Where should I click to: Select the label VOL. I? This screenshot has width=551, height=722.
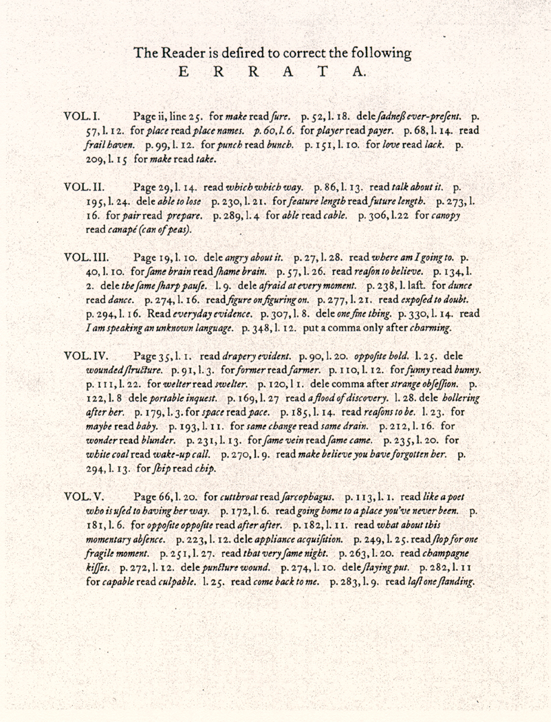[82, 118]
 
